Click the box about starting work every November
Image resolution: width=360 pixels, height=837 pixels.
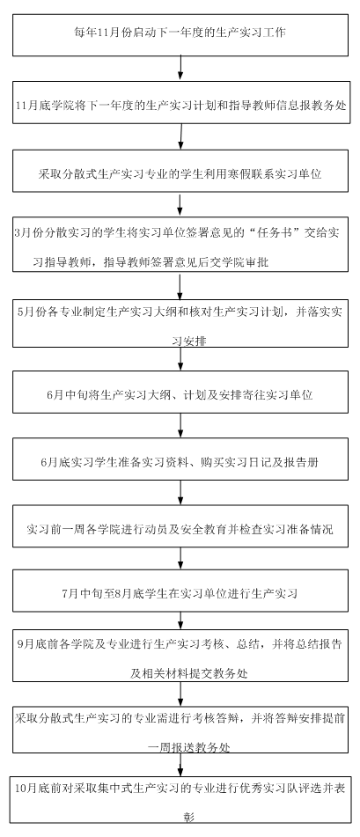tap(180, 35)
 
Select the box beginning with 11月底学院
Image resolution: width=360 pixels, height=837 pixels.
tap(181, 102)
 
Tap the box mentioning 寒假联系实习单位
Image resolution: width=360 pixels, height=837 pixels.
tap(180, 171)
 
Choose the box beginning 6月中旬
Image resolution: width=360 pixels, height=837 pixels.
tap(180, 393)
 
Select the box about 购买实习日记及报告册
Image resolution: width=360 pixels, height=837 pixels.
tap(180, 459)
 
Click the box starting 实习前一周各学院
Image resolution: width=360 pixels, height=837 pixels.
tap(180, 527)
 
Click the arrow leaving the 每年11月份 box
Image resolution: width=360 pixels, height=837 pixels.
tap(181, 69)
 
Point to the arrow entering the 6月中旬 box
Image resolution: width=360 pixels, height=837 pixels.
tap(180, 359)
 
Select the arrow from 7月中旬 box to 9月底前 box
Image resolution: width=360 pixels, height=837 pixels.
tap(180, 620)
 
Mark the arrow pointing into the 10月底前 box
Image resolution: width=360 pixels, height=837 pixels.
tap(180, 764)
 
